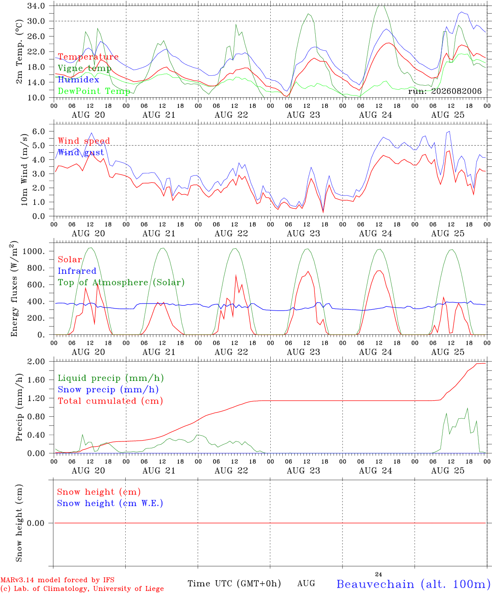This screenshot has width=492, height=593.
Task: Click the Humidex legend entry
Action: point(78,79)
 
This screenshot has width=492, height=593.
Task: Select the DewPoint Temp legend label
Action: point(94,91)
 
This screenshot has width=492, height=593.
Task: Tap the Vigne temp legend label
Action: point(84,68)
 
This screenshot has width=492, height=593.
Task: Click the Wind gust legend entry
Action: point(81,152)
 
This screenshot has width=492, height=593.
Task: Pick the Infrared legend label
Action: point(77,271)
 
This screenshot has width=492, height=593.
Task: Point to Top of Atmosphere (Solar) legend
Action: point(121,282)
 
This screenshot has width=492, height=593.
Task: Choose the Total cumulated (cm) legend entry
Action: point(110,401)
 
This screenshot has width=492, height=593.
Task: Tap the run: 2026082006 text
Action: point(445,91)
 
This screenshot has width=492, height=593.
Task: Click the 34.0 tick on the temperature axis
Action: point(36,6)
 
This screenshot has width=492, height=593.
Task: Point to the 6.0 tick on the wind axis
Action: point(39,131)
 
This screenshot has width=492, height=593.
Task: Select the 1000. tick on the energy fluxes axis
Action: point(34,251)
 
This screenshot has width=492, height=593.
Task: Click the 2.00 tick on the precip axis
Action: point(36,362)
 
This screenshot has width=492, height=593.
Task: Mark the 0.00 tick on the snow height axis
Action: point(36,523)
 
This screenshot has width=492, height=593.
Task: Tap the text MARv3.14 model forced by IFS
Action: point(57,580)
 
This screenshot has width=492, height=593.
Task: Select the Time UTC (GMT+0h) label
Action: point(234,584)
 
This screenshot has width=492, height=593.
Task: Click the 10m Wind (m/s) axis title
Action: point(24,170)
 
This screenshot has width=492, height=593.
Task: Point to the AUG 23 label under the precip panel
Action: point(303,471)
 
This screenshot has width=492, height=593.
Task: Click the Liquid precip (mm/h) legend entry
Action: point(111,378)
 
